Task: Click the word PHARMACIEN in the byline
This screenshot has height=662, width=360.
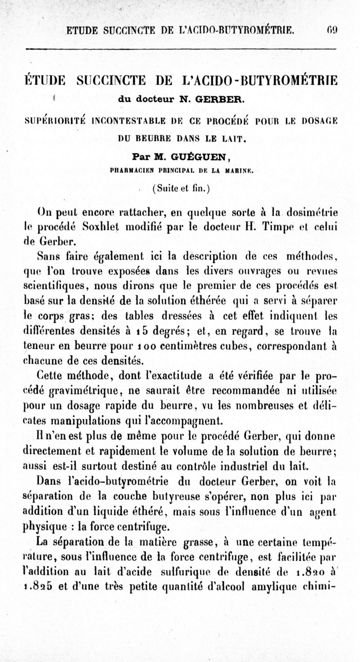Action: coord(129,171)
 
